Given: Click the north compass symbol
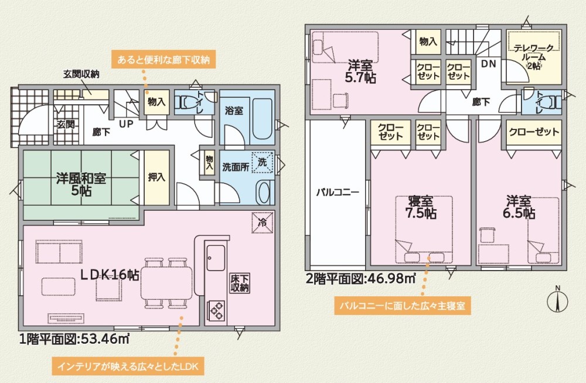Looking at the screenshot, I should tap(558, 300).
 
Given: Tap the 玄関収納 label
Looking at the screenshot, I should tap(81, 74).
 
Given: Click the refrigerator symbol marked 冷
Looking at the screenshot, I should tap(262, 222).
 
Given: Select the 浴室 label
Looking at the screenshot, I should tap(234, 111).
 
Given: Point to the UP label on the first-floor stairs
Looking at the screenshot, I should tap(126, 125).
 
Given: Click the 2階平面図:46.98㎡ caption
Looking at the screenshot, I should tap(360, 278).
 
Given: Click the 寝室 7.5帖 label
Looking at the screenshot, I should tap(421, 206).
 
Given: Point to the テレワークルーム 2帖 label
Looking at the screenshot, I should tap(533, 57).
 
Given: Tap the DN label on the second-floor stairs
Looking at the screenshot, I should tap(488, 64).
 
